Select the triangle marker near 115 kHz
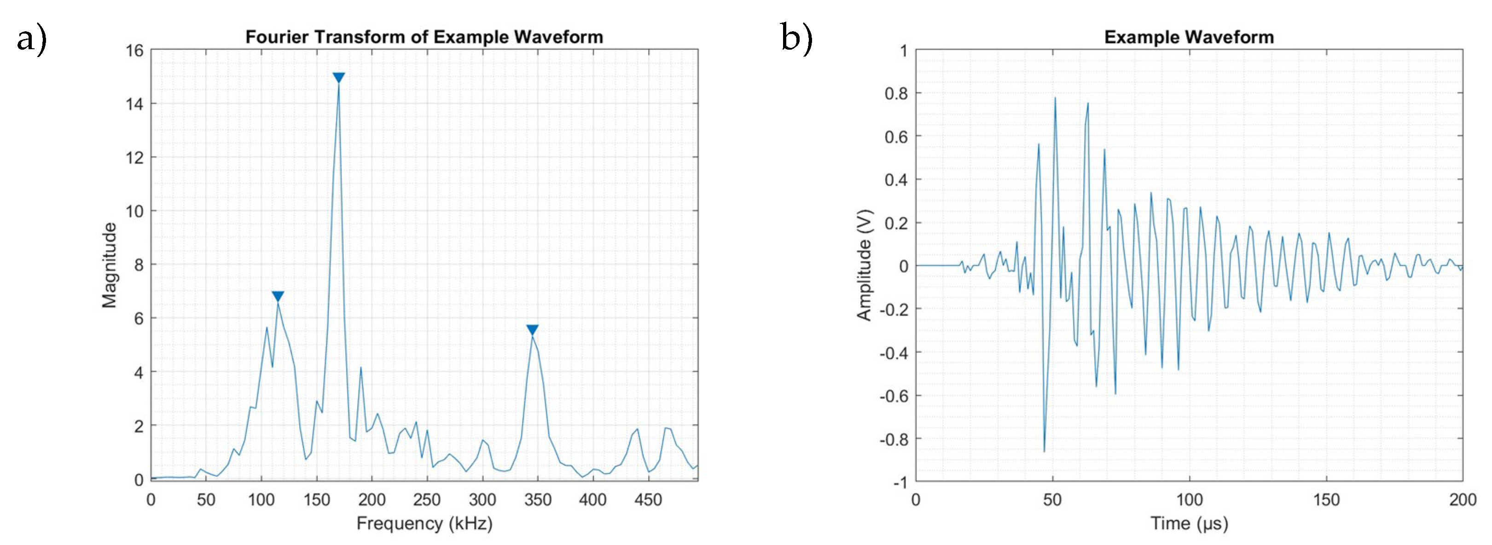point(278,296)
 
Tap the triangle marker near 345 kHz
point(532,330)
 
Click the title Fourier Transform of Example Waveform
point(424,37)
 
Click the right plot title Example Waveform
point(1189,37)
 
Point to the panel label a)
point(31,40)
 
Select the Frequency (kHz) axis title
point(424,523)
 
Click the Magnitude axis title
point(109,265)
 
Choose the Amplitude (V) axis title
point(864,265)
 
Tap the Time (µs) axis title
point(1189,523)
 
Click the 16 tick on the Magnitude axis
point(134,51)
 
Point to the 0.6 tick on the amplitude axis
point(895,137)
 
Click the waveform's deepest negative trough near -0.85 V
point(1044,451)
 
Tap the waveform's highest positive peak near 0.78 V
point(1055,98)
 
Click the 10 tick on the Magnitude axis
point(134,211)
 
